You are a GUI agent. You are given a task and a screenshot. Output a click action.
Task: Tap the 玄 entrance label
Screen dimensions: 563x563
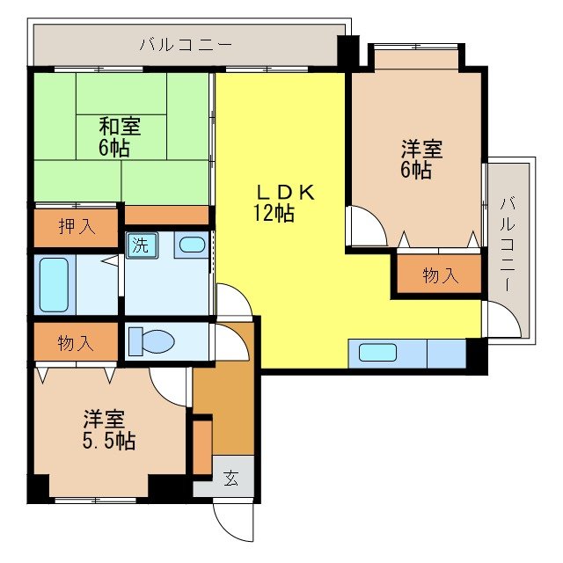tap(230, 479)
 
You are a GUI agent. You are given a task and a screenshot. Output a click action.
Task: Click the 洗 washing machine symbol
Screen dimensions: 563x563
tap(140, 245)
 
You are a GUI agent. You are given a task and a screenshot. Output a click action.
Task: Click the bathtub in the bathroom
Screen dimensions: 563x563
tap(55, 283)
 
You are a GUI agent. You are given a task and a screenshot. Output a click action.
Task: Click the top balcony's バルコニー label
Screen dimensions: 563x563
tap(185, 43)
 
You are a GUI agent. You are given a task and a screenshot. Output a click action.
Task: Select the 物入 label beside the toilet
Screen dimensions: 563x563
tap(76, 342)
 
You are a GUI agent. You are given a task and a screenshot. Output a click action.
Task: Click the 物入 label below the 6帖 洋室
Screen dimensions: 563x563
tap(439, 275)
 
